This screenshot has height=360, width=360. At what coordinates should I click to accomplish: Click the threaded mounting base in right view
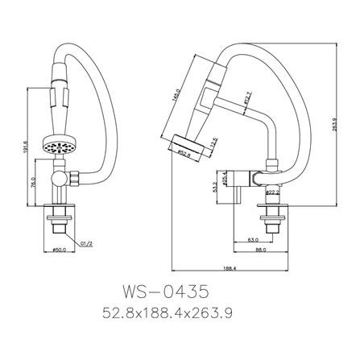271,217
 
